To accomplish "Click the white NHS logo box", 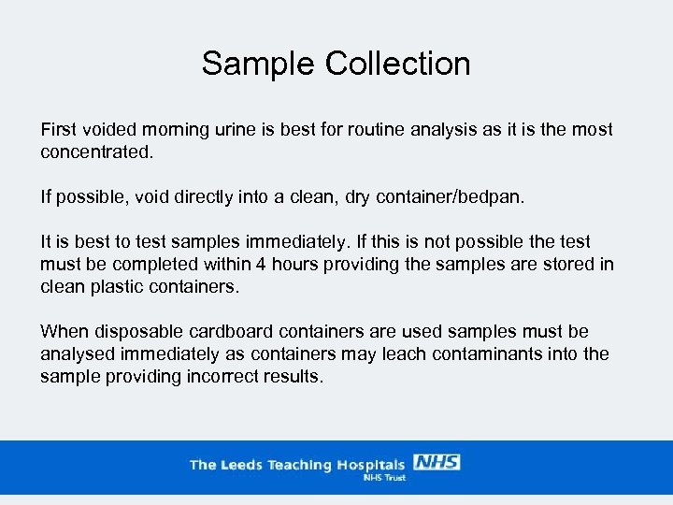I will click(436, 463).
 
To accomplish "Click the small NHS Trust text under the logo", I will click(383, 477).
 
